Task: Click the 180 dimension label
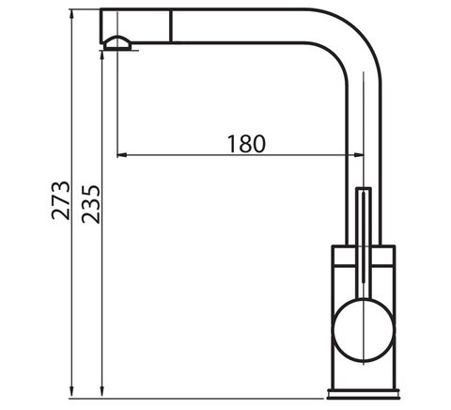pyautogui.click(x=246, y=144)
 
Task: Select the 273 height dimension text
pyautogui.click(x=60, y=200)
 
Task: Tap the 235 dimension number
pyautogui.click(x=91, y=204)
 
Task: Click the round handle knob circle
pyautogui.click(x=364, y=330)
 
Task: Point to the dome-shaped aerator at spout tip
pyautogui.click(x=117, y=42)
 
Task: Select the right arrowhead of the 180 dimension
pyautogui.click(x=359, y=155)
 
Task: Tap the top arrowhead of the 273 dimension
pyautogui.click(x=72, y=15)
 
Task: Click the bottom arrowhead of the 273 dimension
pyautogui.click(x=72, y=393)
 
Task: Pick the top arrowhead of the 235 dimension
pyautogui.click(x=101, y=56)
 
